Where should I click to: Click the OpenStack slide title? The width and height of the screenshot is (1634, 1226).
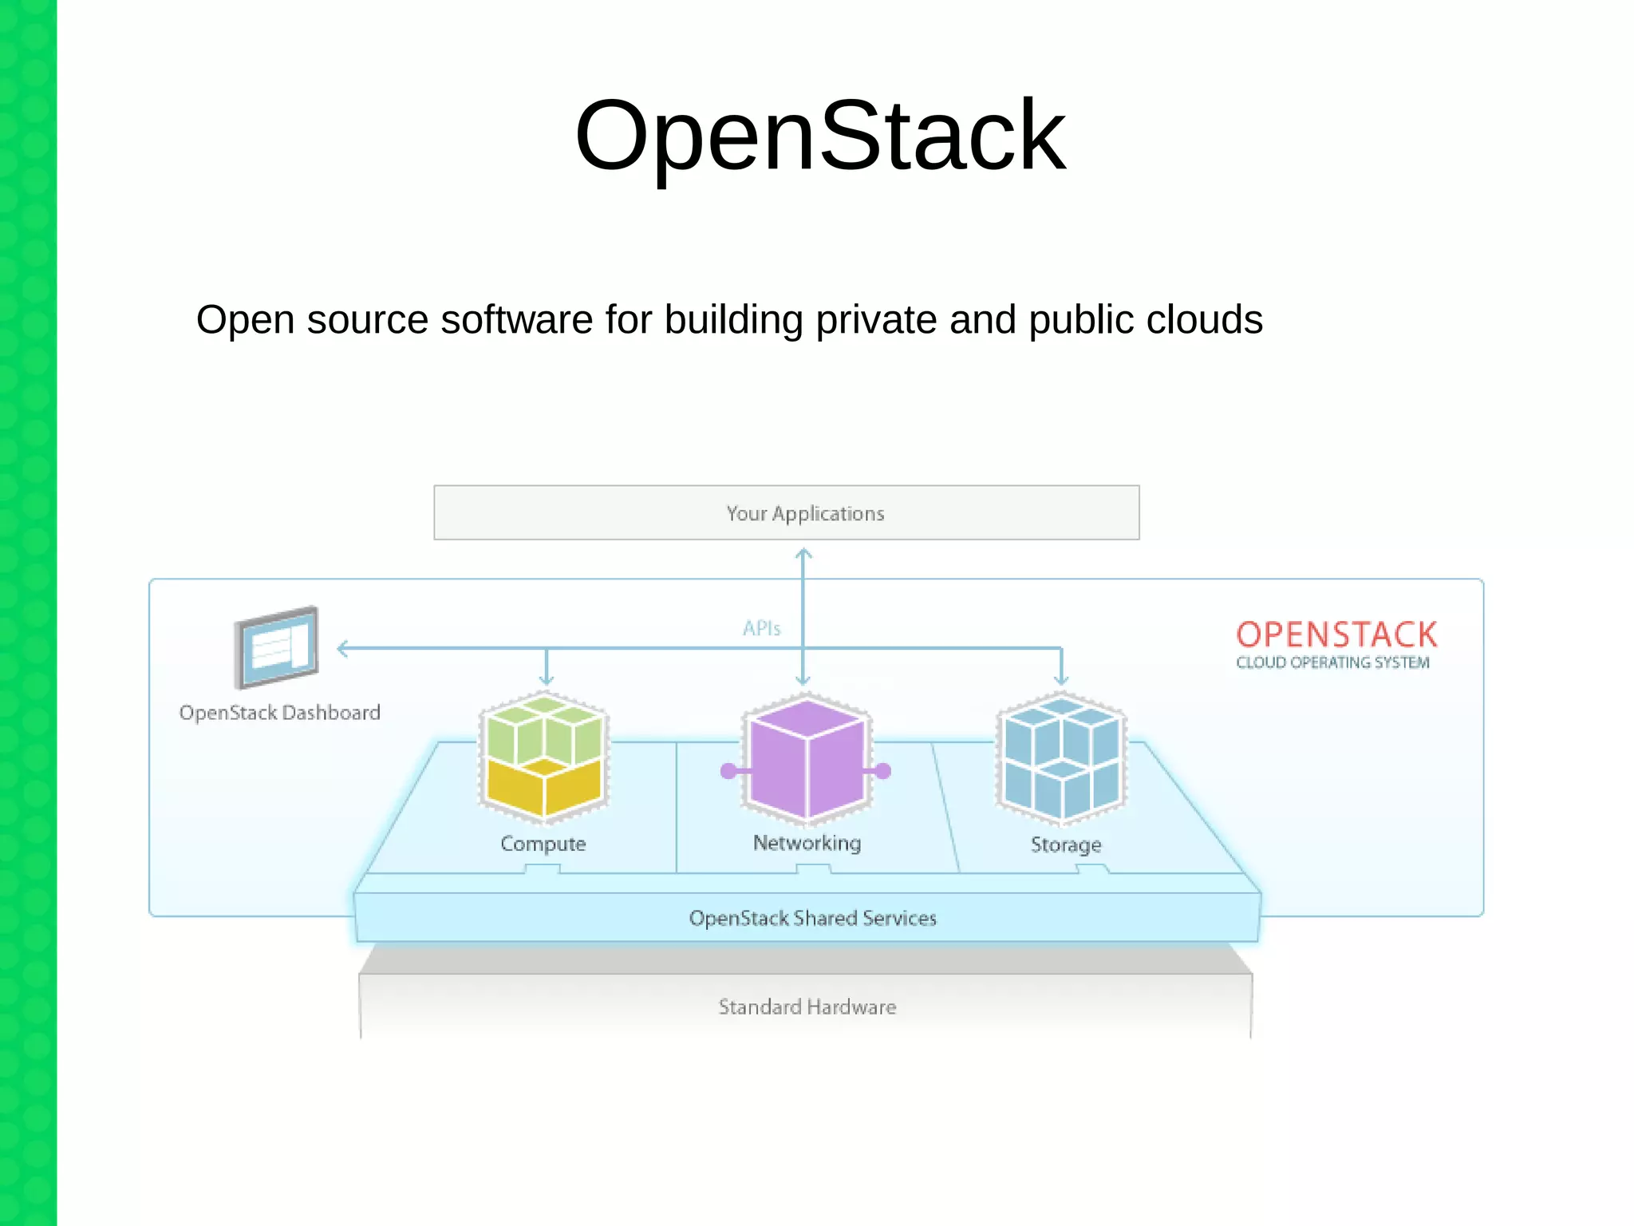(819, 136)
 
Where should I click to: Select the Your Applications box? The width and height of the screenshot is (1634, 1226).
(786, 512)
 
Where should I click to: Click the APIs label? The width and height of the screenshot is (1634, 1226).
(761, 629)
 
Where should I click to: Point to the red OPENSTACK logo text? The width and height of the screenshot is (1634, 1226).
(1336, 635)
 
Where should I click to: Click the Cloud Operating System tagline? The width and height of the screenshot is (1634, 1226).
(1332, 662)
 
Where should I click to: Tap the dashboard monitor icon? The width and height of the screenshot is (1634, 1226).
(276, 647)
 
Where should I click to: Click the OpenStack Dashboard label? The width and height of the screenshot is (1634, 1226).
(279, 713)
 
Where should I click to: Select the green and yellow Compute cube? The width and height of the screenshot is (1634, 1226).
(544, 757)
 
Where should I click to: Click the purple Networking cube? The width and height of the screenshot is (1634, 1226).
(807, 758)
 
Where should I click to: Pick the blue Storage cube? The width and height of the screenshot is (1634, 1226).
(1061, 758)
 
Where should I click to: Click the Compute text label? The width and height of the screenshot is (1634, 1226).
(543, 844)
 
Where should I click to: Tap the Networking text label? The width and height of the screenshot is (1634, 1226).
(807, 843)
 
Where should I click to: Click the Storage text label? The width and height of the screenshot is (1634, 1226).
(1065, 844)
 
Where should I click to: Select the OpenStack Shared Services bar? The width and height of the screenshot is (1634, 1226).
(811, 919)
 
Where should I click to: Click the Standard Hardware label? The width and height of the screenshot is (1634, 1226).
(807, 1007)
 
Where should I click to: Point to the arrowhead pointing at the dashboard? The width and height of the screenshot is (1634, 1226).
(342, 648)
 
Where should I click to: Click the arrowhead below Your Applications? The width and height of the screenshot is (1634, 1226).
(803, 552)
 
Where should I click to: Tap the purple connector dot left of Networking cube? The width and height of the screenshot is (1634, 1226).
(728, 771)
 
